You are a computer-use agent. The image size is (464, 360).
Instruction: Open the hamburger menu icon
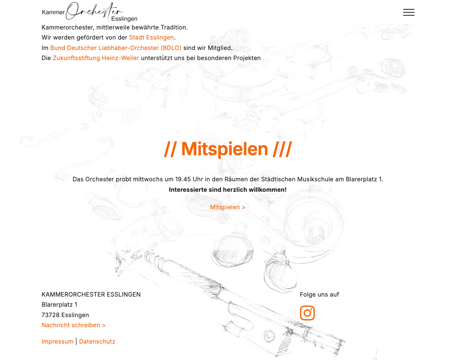coord(408,12)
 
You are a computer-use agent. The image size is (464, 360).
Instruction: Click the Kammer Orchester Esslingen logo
coord(89,12)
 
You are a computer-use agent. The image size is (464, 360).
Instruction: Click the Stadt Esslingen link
coord(151,37)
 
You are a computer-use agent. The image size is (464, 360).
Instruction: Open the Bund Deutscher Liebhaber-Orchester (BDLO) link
coord(116,48)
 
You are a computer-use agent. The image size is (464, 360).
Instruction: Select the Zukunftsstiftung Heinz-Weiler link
coord(96,58)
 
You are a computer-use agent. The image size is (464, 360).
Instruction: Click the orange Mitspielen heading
coord(228,149)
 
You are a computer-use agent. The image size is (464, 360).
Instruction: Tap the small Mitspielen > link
coord(228,207)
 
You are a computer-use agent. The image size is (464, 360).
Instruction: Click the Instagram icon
coord(307,313)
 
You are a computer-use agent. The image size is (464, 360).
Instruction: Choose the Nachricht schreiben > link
coord(73,325)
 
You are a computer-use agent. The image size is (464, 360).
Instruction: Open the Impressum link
coord(57,341)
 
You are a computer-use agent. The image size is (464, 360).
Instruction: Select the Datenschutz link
coord(97,341)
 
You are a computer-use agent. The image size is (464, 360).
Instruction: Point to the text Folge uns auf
coord(319,294)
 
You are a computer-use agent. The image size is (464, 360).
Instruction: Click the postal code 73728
coord(51,315)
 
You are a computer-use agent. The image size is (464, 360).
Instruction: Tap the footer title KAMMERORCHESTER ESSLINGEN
coord(91,294)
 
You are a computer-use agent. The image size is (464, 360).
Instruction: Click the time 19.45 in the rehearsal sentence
coord(183,179)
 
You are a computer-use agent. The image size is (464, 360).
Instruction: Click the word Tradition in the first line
coord(174,27)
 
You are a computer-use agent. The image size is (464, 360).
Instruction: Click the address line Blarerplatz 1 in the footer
coord(59,304)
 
